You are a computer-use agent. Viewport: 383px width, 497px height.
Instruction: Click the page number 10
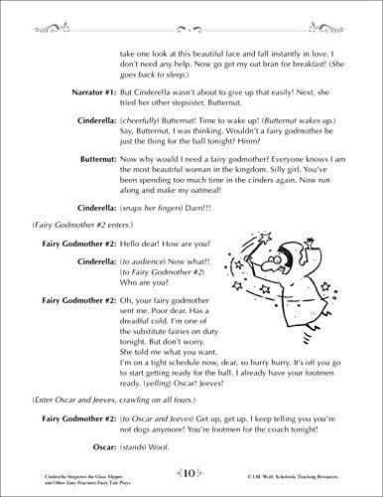pyautogui.click(x=191, y=474)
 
